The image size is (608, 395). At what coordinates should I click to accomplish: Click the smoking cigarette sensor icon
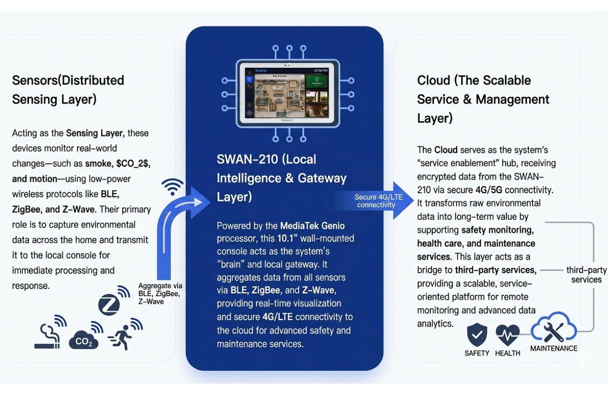(48, 335)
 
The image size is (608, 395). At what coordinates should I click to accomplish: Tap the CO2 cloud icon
(84, 340)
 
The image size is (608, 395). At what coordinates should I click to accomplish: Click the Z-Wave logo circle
(109, 304)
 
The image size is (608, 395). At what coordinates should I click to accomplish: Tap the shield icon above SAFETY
(477, 335)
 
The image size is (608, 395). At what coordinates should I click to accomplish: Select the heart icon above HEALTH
(507, 335)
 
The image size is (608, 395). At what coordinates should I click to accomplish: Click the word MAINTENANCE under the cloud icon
(553, 348)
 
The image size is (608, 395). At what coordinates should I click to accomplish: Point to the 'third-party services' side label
(586, 275)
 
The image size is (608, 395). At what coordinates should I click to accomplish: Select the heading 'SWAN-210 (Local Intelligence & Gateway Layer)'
(281, 178)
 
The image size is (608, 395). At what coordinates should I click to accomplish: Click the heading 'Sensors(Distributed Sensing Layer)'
(68, 90)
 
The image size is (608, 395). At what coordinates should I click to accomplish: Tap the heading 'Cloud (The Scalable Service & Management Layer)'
(483, 99)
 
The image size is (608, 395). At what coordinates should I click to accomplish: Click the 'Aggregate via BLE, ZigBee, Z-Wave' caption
(160, 293)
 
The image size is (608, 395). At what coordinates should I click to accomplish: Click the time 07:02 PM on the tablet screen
(321, 70)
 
